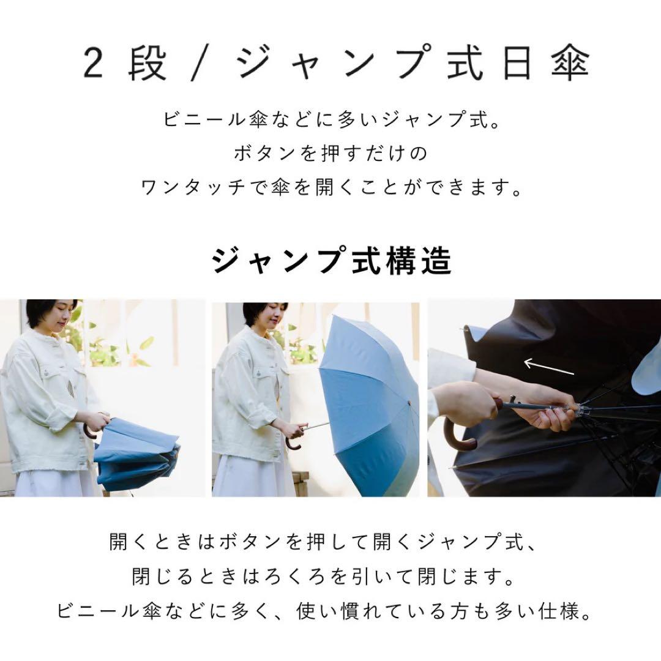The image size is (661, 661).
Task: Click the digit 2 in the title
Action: tap(94, 64)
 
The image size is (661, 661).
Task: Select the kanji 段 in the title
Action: tap(148, 64)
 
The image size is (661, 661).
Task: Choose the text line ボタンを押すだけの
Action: tap(330, 153)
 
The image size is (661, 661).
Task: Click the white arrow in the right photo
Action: tap(549, 367)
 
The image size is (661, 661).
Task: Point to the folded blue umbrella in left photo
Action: tap(138, 453)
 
